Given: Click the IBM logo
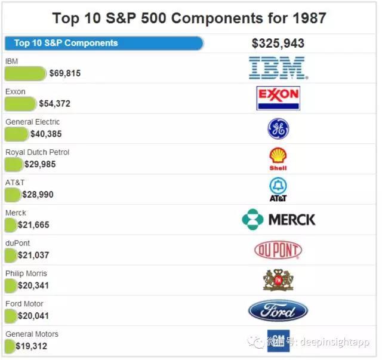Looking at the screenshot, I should click(278, 68).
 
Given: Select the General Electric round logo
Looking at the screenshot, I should click(278, 129).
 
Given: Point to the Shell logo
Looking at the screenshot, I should click(278, 159).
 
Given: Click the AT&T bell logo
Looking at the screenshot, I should click(278, 189).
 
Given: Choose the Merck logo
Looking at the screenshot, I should click(279, 220).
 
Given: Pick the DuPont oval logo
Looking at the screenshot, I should click(278, 250).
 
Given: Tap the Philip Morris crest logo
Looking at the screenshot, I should click(278, 280).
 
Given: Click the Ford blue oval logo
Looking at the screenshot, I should click(278, 310).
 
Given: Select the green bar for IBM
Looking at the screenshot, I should click(25, 73).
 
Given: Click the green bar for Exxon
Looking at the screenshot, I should click(20, 104).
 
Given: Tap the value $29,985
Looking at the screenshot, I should click(40, 164).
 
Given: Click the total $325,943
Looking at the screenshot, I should click(278, 44).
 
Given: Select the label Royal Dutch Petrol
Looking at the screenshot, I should click(38, 152).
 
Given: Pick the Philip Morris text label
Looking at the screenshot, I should click(26, 273).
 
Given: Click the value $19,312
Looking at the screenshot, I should click(32, 346).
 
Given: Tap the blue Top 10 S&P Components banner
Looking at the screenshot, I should click(104, 43).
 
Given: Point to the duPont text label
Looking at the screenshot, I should click(18, 243).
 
